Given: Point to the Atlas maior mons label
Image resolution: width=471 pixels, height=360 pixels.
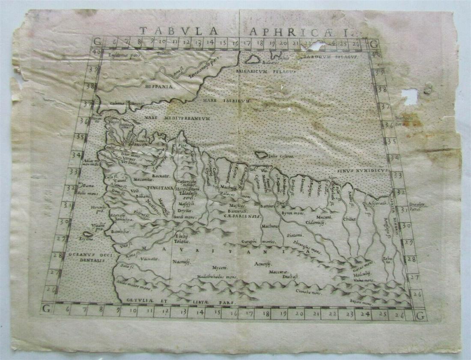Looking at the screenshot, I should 131,281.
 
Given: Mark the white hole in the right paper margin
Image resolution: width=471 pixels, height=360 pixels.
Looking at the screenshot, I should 409,96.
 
